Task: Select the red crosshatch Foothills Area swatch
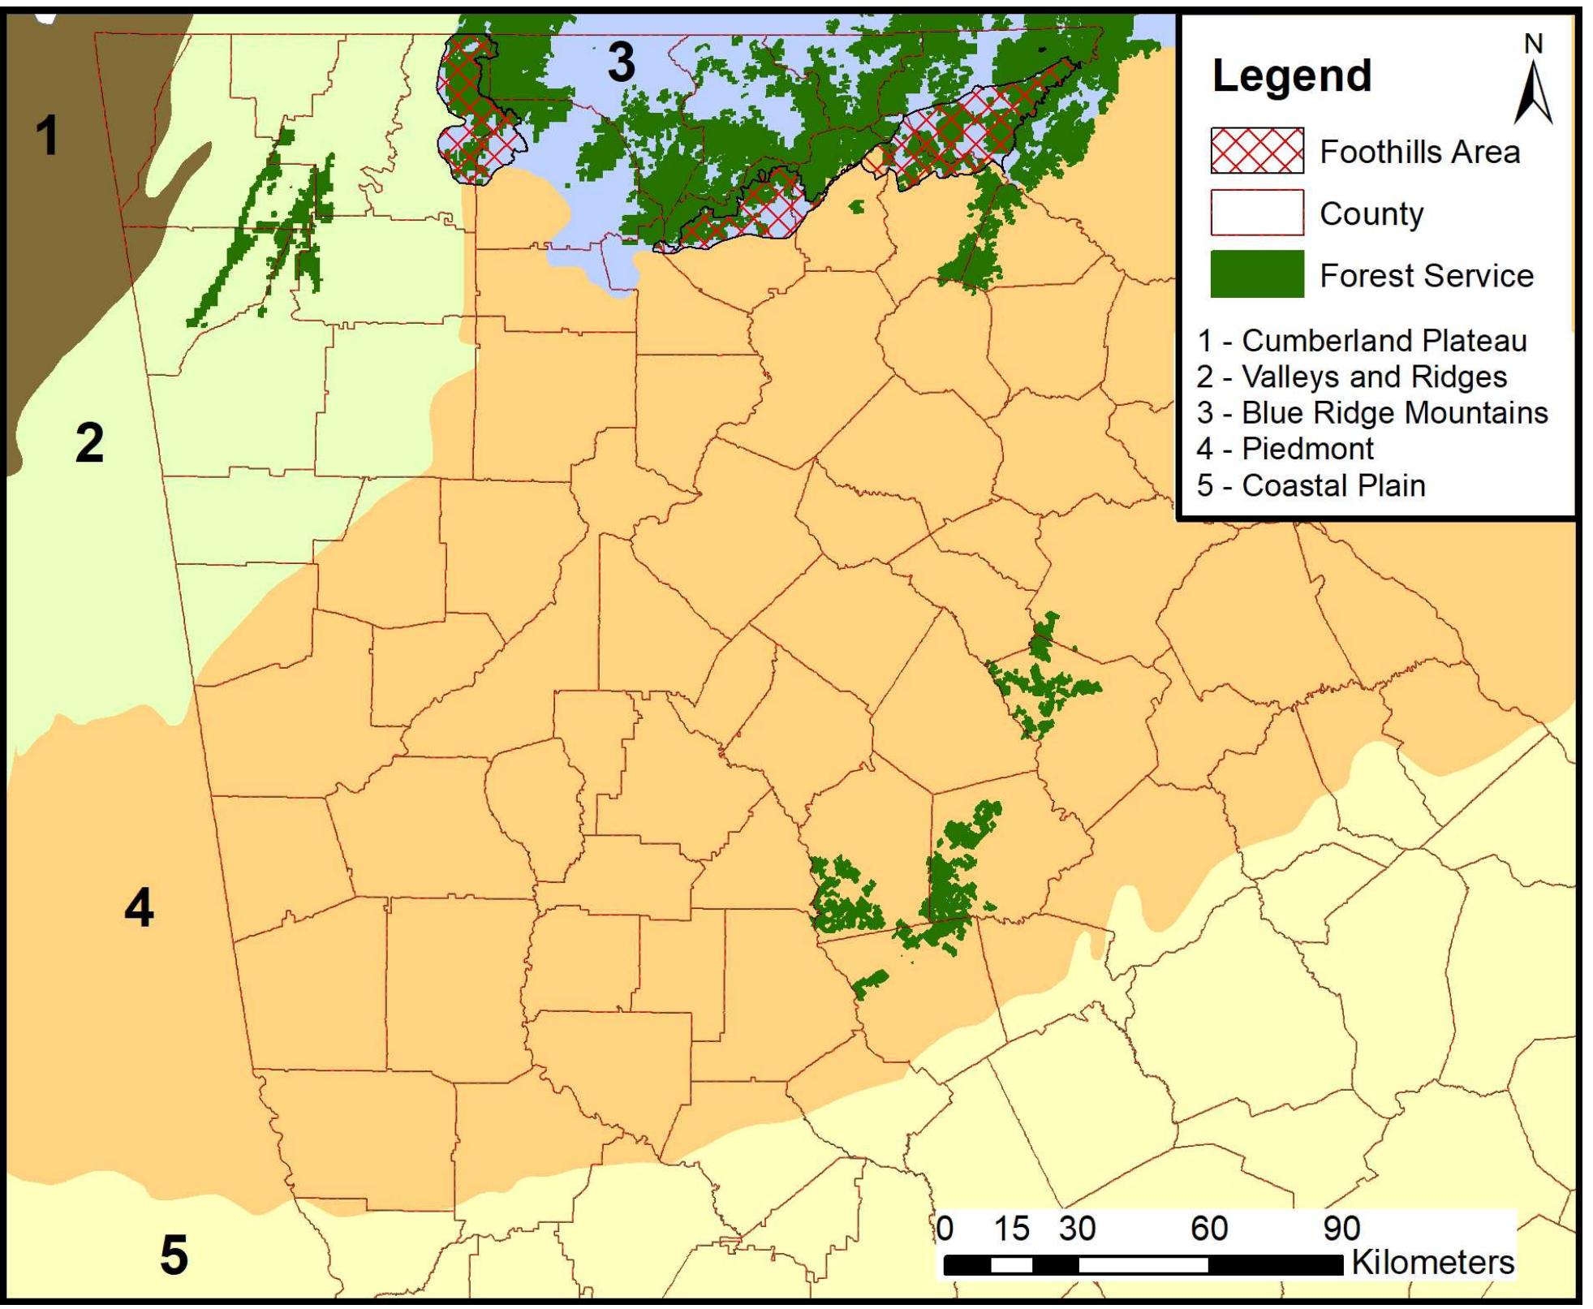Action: [x=1256, y=151]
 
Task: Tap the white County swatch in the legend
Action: [x=1256, y=213]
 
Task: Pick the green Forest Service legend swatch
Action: [x=1256, y=274]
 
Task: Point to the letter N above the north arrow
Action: [x=1532, y=44]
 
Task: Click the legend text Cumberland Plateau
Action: [x=1384, y=341]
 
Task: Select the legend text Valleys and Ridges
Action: [x=1374, y=377]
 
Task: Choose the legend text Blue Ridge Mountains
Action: [x=1394, y=413]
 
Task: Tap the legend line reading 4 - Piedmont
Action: [x=1285, y=449]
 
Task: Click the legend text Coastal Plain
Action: [x=1333, y=485]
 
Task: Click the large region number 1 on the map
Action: [x=47, y=135]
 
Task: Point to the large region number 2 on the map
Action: [x=89, y=443]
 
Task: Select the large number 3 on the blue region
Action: [x=621, y=62]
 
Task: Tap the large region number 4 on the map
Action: [x=139, y=907]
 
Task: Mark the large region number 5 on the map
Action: [x=174, y=1255]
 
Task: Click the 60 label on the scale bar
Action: [x=1208, y=1229]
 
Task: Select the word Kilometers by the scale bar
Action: [x=1432, y=1263]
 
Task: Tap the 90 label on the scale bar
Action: [x=1341, y=1229]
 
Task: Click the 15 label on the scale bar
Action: [x=1011, y=1229]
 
